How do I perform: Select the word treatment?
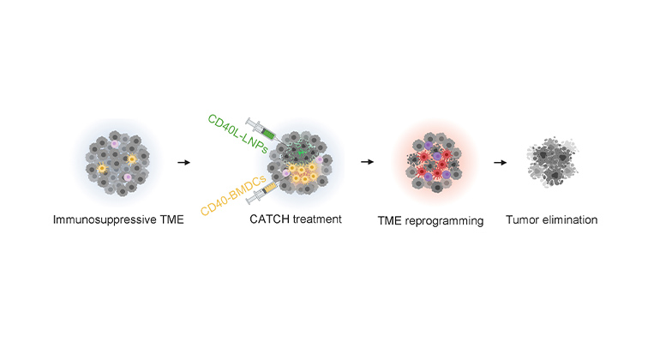pos(317,219)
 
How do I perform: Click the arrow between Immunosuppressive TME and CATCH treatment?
pos(183,160)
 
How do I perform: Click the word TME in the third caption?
pos(392,220)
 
